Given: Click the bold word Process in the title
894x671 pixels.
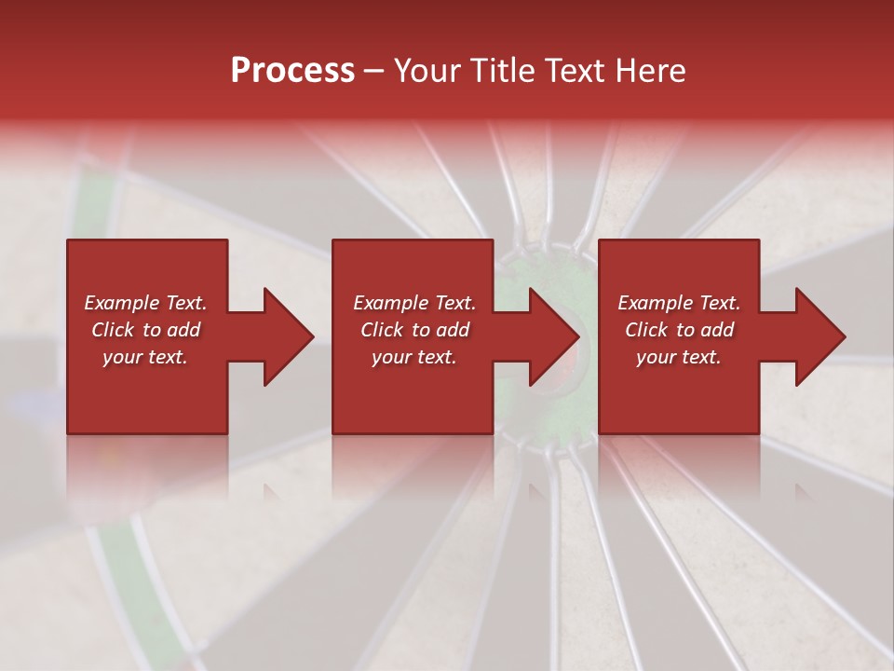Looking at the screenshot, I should [x=292, y=70].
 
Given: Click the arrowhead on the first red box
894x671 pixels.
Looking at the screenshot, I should [x=280, y=336].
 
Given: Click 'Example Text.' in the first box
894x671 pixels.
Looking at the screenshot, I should [x=145, y=303].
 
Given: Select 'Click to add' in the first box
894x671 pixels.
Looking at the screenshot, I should [x=145, y=330].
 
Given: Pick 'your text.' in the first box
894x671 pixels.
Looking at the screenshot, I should [x=145, y=357].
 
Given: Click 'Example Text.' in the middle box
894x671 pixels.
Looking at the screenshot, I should [x=414, y=303].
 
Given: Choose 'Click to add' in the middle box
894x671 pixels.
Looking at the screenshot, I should [x=414, y=330].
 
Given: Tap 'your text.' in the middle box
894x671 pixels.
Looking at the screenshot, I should [x=414, y=357].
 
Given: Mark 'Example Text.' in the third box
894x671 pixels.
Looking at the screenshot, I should [x=679, y=303].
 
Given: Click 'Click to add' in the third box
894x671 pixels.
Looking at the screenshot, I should [x=679, y=330].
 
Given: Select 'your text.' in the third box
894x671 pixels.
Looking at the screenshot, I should [x=679, y=357].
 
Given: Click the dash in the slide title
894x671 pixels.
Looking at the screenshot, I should [x=374, y=72].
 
